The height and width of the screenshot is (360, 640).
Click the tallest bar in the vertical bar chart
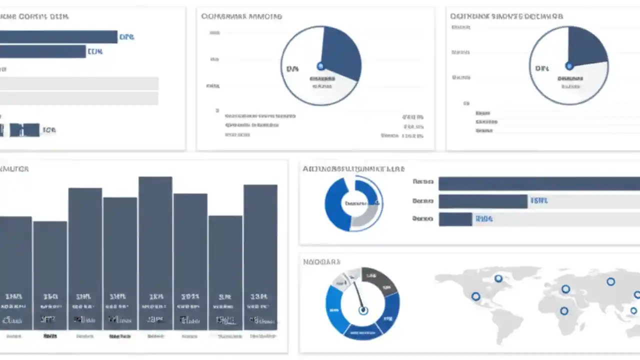(155, 250)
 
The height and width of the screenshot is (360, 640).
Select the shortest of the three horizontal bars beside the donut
(455, 219)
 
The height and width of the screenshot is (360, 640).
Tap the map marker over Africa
(564, 311)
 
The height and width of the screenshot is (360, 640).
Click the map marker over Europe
(565, 289)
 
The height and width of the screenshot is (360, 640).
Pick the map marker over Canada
(498, 278)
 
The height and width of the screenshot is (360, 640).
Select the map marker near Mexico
(475, 296)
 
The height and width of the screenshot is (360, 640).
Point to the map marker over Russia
(610, 281)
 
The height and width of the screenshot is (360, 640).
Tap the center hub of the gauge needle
(363, 310)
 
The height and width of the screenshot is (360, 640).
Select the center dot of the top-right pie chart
(569, 65)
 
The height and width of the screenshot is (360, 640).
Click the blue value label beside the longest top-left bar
(126, 37)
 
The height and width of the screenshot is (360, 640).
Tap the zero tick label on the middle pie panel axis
(217, 110)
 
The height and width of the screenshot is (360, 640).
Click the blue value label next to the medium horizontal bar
(539, 201)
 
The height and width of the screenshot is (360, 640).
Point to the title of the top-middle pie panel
(241, 16)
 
